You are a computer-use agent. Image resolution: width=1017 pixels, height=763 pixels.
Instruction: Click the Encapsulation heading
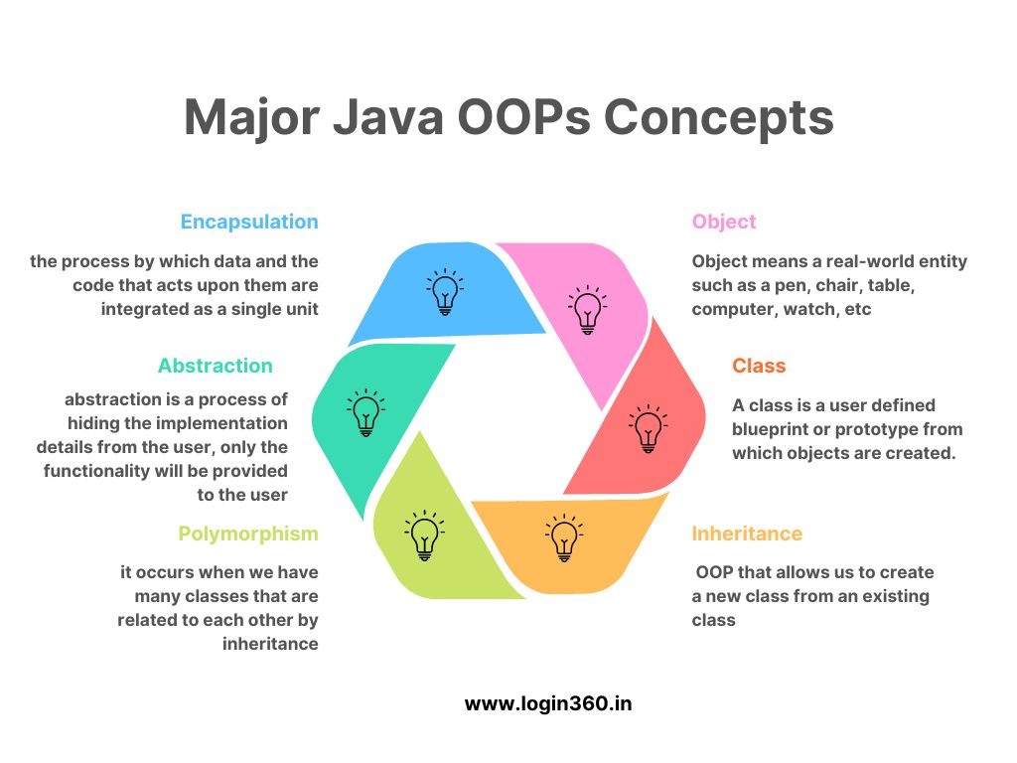click(x=249, y=222)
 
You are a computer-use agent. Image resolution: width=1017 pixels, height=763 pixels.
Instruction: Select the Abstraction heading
click(x=216, y=366)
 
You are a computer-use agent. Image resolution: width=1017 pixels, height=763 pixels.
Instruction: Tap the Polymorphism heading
click(x=248, y=534)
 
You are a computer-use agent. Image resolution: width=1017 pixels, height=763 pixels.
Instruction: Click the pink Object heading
click(x=724, y=222)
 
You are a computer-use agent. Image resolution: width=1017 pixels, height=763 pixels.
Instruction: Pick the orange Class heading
click(x=759, y=366)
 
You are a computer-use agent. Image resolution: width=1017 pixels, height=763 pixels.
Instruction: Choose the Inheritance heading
click(x=747, y=534)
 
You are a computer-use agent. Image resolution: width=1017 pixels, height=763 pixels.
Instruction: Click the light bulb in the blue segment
click(x=445, y=291)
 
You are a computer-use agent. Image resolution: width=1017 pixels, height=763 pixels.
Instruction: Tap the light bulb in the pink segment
click(x=588, y=310)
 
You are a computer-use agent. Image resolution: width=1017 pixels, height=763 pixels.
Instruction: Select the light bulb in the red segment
click(x=648, y=428)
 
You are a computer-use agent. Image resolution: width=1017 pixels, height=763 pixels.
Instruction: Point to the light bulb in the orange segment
click(x=564, y=537)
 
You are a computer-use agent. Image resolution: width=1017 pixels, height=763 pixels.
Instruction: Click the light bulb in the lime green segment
click(x=425, y=535)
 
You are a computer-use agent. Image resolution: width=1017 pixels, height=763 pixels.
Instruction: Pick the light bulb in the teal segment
click(x=365, y=412)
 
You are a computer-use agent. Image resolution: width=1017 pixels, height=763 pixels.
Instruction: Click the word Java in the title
click(x=388, y=117)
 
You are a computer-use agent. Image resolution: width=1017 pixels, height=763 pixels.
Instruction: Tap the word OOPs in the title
click(x=524, y=117)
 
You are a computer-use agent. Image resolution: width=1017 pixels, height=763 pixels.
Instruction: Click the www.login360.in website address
click(x=548, y=704)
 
